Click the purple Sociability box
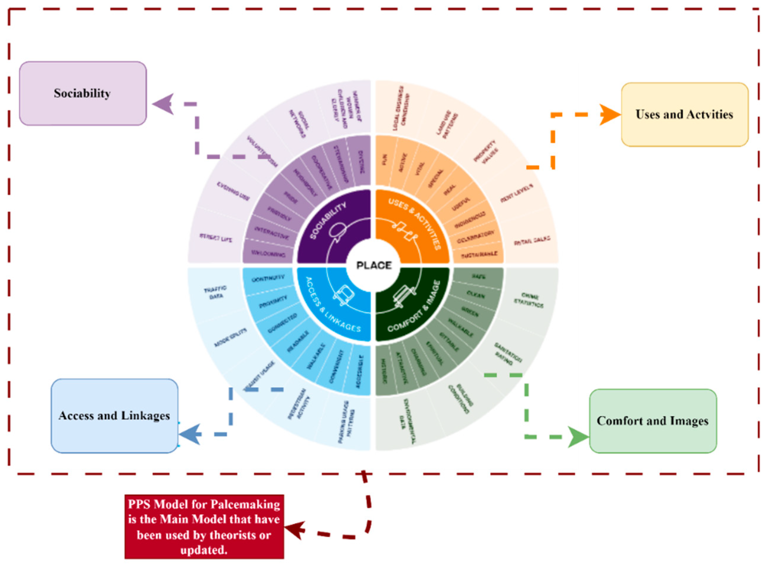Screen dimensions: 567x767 coord(83,93)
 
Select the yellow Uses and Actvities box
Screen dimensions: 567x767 coord(685,114)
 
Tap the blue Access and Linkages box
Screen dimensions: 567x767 coord(114,416)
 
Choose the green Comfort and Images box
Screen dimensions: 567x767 coord(653,421)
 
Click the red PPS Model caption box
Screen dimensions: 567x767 coord(204,527)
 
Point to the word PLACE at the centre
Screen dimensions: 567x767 coord(374,265)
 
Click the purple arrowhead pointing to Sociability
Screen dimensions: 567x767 coord(163,104)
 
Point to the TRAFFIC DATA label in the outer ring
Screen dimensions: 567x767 coord(215,293)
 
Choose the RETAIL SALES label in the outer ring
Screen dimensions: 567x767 coord(532,241)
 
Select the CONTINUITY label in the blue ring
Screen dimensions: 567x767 coord(268,278)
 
